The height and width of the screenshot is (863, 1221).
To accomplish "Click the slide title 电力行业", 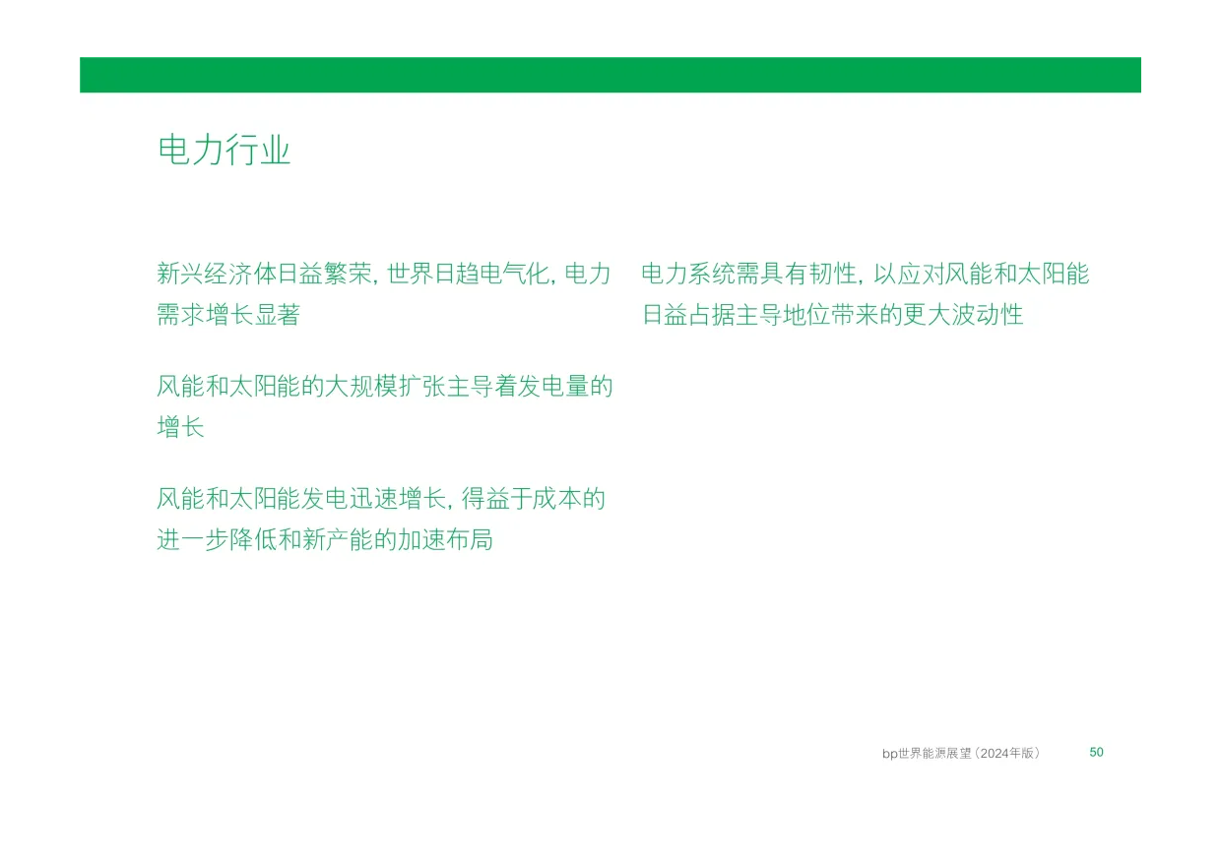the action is (x=225, y=150).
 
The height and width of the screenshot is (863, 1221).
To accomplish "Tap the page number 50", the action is (x=1096, y=753).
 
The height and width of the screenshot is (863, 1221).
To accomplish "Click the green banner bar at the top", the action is (x=610, y=75).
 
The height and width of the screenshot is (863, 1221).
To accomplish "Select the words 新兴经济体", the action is (x=217, y=274).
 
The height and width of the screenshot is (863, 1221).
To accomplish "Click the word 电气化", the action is (x=515, y=274).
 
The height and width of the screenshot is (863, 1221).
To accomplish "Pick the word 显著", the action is (x=277, y=315).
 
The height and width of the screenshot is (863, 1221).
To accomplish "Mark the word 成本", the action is (x=556, y=499).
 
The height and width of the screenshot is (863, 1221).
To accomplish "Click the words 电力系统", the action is (x=689, y=274).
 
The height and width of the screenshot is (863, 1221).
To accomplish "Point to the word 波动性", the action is (x=988, y=315).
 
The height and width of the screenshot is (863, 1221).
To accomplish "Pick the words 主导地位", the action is (x=783, y=315).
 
